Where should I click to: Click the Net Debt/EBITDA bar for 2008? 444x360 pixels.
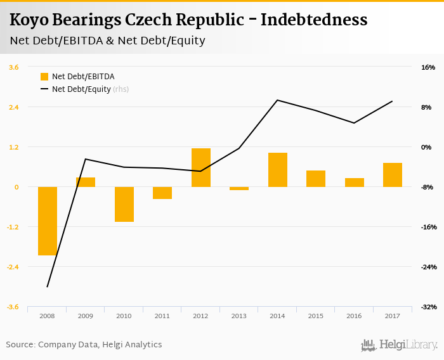point(48,221)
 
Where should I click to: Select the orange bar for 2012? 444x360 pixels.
point(201,167)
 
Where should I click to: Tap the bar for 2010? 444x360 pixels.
point(124,204)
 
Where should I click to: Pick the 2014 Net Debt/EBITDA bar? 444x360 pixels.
point(278,170)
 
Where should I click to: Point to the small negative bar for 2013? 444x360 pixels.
point(239,188)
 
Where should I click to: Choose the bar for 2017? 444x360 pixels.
point(393,175)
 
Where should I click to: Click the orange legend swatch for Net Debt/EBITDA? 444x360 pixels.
point(44,77)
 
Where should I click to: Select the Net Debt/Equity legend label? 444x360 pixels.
point(81,89)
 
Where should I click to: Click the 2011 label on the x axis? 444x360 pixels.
point(162,316)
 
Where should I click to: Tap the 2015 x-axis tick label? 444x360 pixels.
point(316,316)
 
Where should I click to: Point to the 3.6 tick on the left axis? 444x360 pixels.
point(13,67)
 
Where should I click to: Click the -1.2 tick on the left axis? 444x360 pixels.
point(13,227)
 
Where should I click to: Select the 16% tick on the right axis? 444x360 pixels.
point(428,67)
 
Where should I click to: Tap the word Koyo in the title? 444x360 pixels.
point(30,20)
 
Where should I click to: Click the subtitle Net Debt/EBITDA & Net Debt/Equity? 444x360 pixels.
point(107,41)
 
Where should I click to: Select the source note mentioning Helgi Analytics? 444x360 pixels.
point(84,345)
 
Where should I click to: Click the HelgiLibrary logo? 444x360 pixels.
point(400,345)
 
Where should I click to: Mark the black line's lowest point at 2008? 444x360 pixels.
point(48,286)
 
